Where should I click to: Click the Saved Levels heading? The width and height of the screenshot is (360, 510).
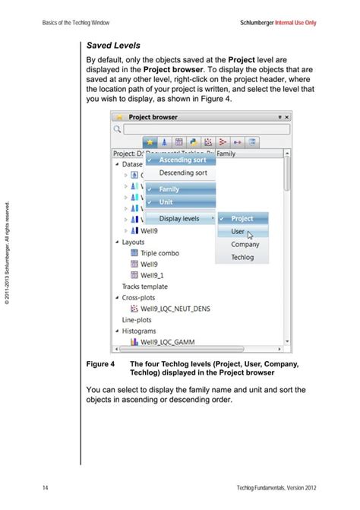pos(113,46)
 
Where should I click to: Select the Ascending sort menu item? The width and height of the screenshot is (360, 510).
pos(182,160)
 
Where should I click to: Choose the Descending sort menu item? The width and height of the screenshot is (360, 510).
pos(182,173)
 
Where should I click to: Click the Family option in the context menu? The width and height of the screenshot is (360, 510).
pos(169,189)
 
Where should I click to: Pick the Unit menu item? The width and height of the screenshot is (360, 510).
pos(166,202)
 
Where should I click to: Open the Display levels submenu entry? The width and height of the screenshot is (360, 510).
pos(179,219)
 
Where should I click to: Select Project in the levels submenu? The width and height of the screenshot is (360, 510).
pos(242,219)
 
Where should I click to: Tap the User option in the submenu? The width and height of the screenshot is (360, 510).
pos(238,231)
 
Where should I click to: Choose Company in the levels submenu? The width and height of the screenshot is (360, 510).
pos(245,245)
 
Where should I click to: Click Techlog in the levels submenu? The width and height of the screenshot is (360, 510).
pos(243,258)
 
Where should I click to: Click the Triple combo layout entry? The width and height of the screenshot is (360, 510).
pos(159,253)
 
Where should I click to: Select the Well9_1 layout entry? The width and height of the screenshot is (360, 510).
pos(153,275)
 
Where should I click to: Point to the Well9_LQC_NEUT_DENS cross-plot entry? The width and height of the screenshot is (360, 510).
pos(175,309)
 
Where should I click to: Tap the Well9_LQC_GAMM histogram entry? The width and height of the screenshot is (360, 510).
pos(167,343)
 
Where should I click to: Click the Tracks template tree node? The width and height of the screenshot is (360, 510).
pos(145,287)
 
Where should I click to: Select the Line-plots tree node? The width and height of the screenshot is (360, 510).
pos(137,320)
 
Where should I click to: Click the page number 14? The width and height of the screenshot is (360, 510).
pos(46,486)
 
